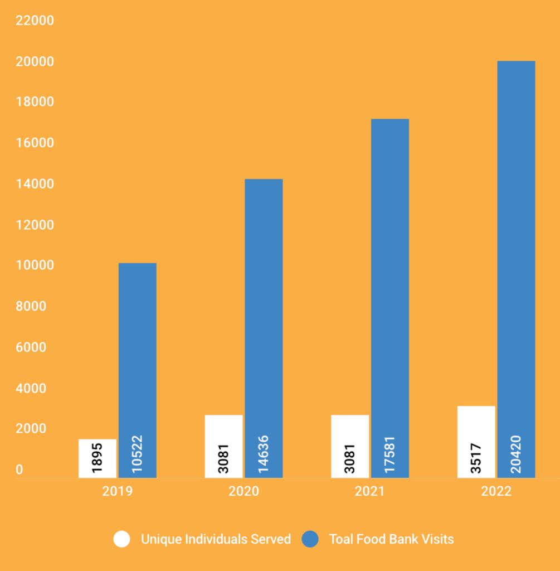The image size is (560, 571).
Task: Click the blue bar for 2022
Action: click(x=516, y=269)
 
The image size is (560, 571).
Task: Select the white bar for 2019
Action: click(x=98, y=458)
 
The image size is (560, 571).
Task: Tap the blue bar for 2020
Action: click(x=264, y=328)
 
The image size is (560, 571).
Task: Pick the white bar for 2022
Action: click(x=476, y=442)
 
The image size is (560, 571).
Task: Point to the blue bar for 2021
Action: click(x=390, y=298)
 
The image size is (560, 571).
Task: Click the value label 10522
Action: click(x=137, y=454)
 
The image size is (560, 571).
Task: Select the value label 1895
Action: click(x=97, y=458)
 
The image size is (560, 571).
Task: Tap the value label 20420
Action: click(x=515, y=454)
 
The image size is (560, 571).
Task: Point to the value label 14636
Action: click(x=263, y=454)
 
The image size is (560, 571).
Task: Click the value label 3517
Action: click(x=476, y=458)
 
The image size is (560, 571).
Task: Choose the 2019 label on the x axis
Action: click(x=117, y=491)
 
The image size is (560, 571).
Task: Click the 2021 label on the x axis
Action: click(x=369, y=491)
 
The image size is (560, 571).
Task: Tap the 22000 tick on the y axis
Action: click(x=35, y=21)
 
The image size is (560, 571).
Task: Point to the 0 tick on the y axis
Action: click(x=20, y=470)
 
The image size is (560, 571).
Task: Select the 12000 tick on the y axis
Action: click(x=35, y=225)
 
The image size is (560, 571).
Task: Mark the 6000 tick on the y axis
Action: click(x=31, y=347)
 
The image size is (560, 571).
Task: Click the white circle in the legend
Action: click(x=122, y=539)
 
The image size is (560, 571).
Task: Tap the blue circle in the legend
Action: click(x=310, y=539)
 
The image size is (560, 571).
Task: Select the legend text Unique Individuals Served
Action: click(x=216, y=539)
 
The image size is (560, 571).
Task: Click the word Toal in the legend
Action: click(x=341, y=539)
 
